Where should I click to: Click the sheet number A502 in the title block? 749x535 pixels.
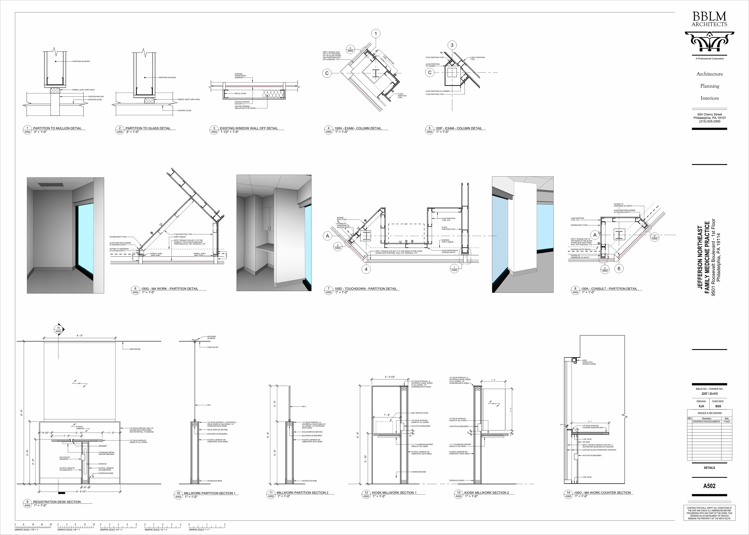[709, 486]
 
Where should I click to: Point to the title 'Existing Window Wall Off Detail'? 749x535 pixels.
[249, 128]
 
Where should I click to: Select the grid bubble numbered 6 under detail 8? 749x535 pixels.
[619, 269]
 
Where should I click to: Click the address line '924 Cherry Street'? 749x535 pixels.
[709, 114]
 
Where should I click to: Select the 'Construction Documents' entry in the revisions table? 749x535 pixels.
[706, 421]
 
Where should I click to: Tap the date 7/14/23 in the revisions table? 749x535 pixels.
[727, 421]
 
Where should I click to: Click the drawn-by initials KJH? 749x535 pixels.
[701, 406]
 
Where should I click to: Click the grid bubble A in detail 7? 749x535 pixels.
[327, 236]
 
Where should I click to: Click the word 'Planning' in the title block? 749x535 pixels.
[709, 86]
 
